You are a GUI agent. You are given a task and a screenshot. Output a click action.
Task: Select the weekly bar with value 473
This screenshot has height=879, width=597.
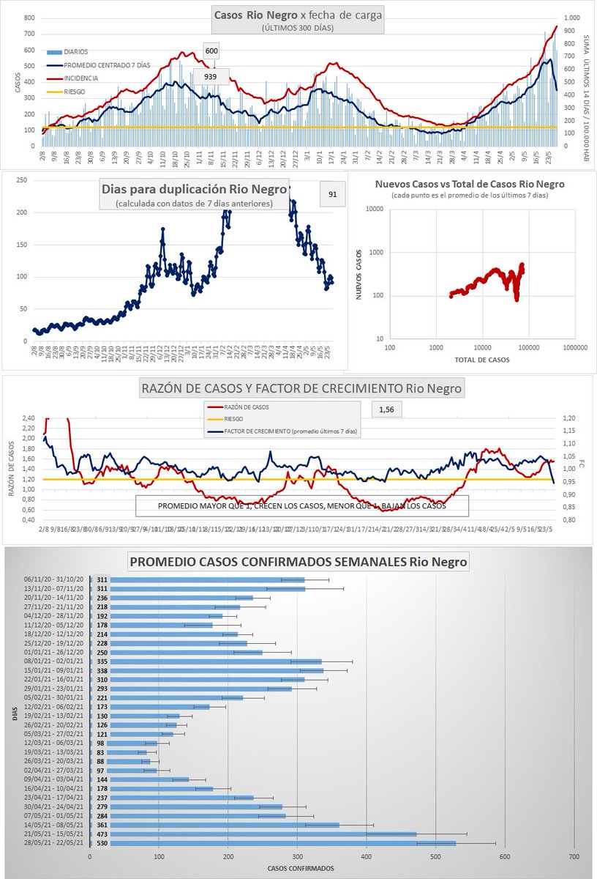click(253, 834)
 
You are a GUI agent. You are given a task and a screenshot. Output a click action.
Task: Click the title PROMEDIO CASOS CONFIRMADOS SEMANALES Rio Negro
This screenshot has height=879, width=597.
click(298, 563)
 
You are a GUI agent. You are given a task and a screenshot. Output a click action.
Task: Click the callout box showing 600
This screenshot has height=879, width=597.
click(211, 51)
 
